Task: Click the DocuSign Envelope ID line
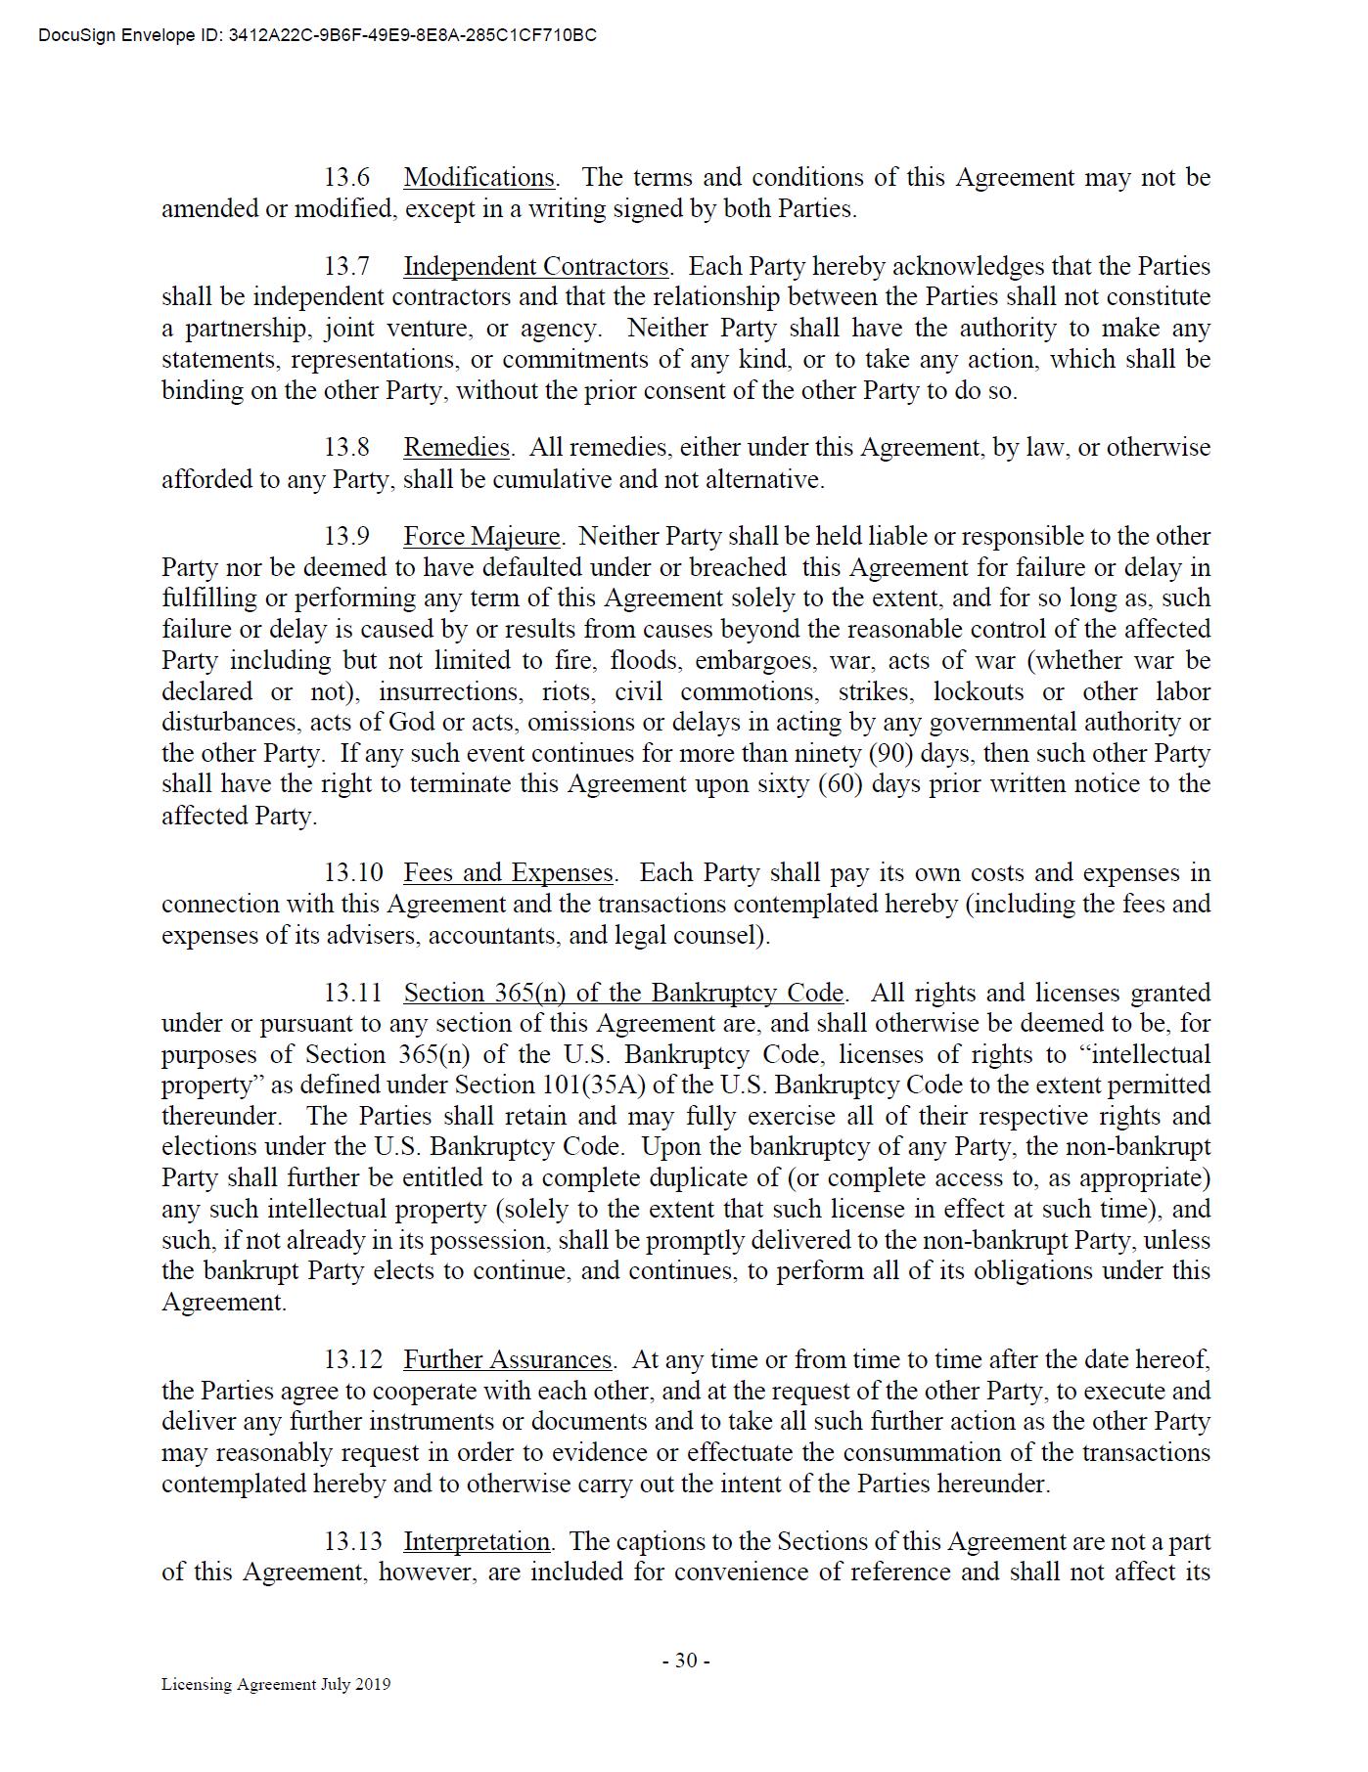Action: click(x=317, y=36)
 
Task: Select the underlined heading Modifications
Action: click(x=479, y=178)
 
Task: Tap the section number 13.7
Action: click(x=347, y=267)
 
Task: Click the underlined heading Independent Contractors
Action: click(x=536, y=267)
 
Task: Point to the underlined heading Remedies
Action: click(x=457, y=448)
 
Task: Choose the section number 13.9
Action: click(x=347, y=537)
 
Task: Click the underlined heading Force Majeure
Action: click(x=481, y=537)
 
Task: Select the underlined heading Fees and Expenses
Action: click(x=508, y=873)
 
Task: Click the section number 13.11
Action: click(x=353, y=994)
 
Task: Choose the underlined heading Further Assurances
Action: click(x=507, y=1360)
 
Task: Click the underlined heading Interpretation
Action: click(x=477, y=1542)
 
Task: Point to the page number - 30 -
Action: click(x=685, y=1661)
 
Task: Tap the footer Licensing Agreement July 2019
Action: click(x=276, y=1684)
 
